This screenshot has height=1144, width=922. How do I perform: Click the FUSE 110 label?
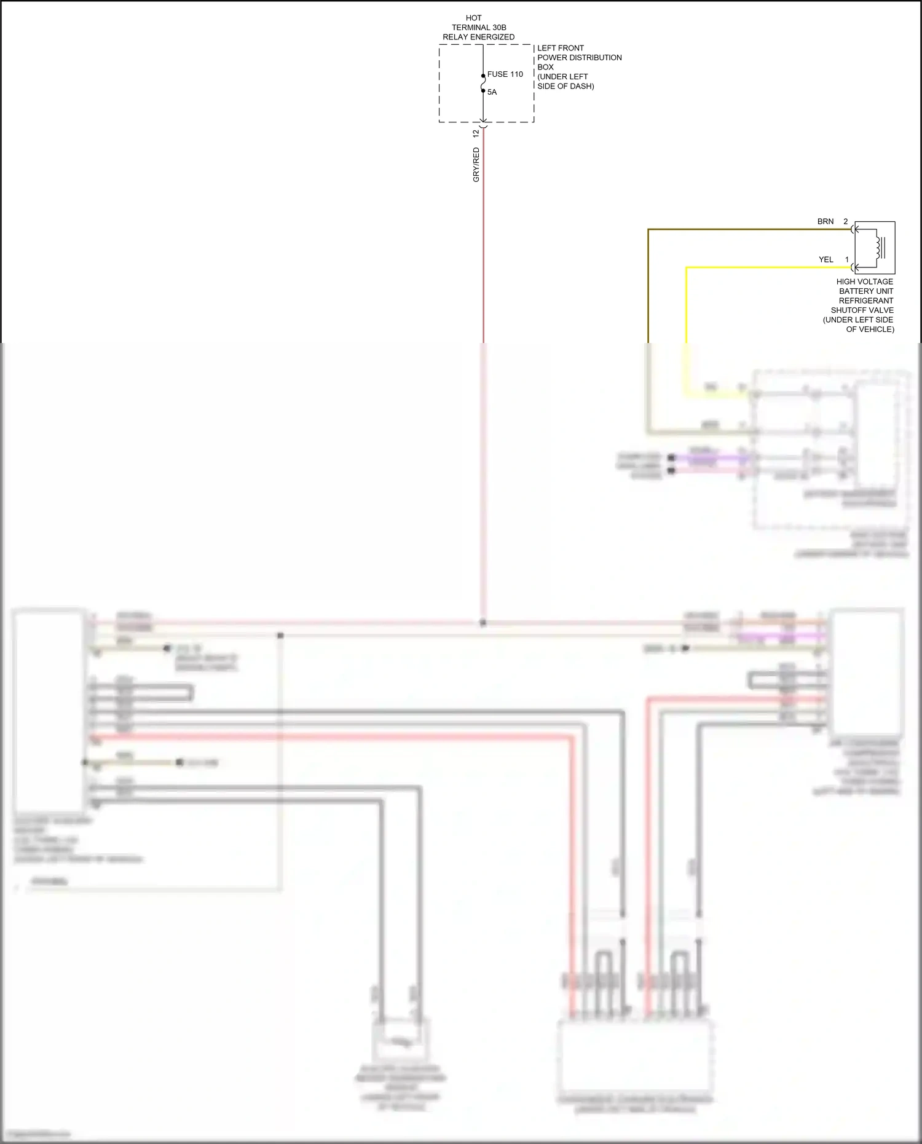505,74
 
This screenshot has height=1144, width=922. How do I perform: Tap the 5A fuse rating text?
492,92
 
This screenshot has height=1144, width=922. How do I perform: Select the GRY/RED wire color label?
476,165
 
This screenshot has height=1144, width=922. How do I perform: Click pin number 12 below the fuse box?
476,133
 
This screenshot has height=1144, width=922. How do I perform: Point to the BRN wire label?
825,221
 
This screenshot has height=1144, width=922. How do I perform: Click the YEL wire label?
825,259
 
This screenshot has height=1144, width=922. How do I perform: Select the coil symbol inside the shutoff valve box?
880,248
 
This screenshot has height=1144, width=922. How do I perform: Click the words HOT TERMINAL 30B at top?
478,23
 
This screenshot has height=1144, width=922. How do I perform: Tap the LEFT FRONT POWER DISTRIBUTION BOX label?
579,57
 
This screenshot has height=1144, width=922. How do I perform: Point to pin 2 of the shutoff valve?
845,221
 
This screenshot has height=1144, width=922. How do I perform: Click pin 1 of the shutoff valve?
846,259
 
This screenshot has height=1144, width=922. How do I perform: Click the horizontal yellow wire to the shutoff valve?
768,267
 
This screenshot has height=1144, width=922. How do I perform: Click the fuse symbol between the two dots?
483,83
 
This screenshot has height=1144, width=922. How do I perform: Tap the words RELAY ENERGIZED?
478,37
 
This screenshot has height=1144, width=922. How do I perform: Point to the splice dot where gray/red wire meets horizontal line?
483,623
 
